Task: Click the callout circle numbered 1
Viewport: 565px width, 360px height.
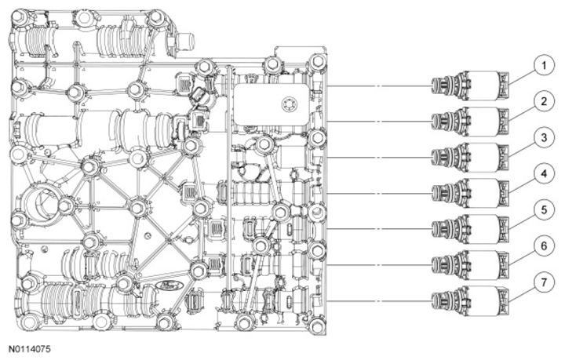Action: coord(544,66)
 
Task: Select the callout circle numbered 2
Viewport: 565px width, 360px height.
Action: coord(544,102)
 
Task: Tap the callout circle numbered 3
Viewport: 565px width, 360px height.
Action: coord(544,138)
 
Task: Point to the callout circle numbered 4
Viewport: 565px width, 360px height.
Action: coord(544,174)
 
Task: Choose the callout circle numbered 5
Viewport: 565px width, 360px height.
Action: coord(544,210)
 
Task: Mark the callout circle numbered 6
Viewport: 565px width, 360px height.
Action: coord(544,246)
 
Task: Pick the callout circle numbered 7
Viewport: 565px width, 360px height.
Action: coord(544,282)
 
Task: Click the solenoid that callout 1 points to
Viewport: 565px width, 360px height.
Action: coord(471,85)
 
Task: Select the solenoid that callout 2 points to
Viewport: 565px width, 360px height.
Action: coord(471,122)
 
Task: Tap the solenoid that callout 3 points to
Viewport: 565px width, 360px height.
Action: coord(471,158)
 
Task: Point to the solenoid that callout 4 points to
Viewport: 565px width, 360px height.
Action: coord(471,193)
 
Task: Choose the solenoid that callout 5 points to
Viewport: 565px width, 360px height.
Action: coord(471,229)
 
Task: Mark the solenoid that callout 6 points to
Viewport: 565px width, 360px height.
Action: coord(471,265)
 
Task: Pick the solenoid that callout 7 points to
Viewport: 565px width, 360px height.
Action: coord(471,301)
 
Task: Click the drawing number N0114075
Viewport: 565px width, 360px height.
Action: coord(30,349)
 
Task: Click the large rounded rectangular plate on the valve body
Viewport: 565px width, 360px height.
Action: coord(272,105)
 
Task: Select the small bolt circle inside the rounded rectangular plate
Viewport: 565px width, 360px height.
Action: coord(290,105)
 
